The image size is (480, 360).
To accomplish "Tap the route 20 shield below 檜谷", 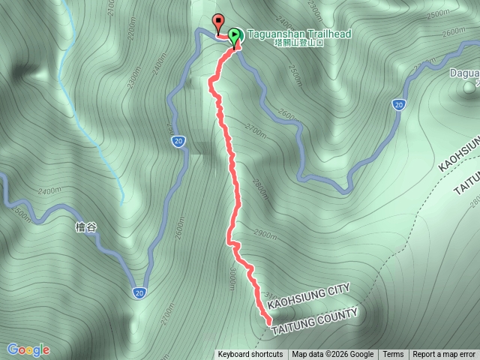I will point(140,292).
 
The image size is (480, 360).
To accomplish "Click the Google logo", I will point(28,349).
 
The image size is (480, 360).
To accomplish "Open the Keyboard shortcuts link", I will point(250,355).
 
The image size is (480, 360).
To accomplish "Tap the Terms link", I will point(393,355).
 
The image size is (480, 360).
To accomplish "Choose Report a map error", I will point(444,355).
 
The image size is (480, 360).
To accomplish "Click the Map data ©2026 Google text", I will point(333,355).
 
